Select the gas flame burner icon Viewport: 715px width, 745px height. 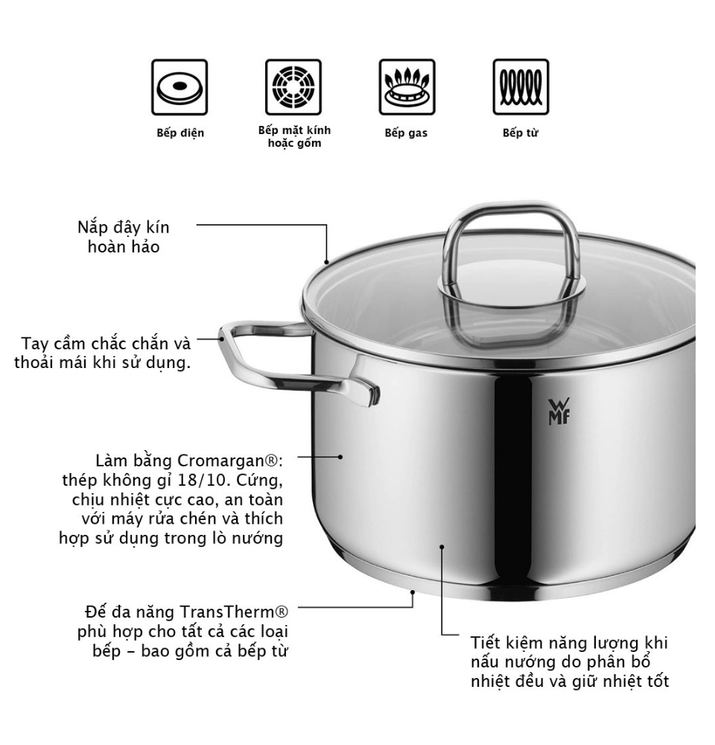[407, 88]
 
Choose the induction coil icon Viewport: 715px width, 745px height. [521, 88]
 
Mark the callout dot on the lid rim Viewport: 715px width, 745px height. [326, 261]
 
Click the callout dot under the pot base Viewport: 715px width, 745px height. [412, 594]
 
